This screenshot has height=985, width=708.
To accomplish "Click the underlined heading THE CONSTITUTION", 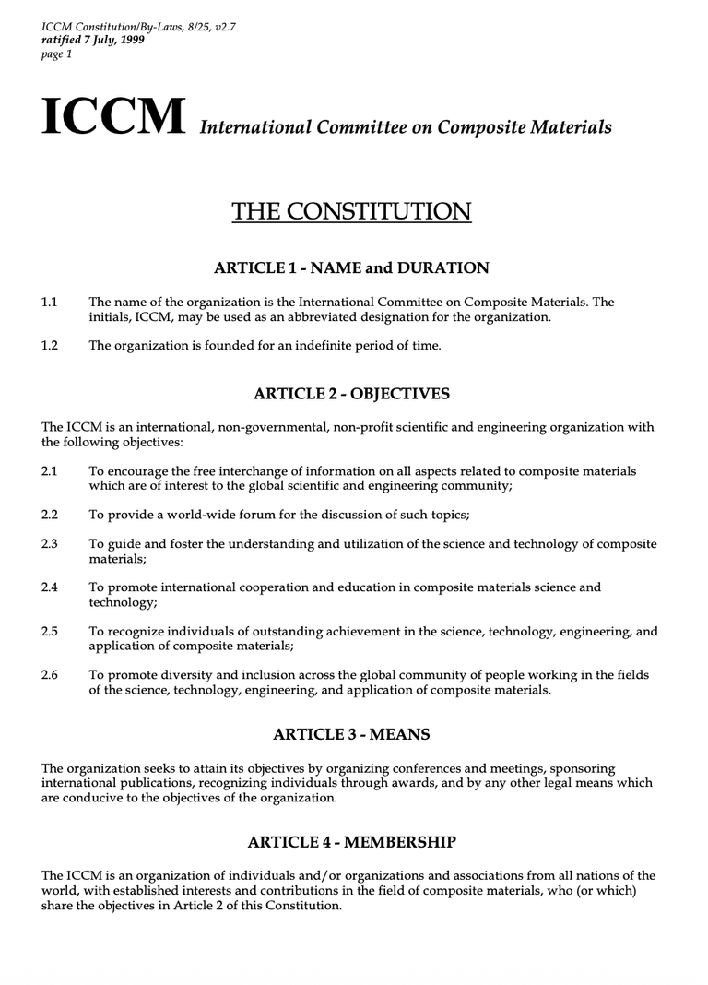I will point(351,211).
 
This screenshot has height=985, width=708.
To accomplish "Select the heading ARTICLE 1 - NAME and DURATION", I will point(351,268).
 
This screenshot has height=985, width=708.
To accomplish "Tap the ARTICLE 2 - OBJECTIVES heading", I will point(351,395).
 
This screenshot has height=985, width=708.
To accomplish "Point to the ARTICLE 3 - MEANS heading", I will point(351,735).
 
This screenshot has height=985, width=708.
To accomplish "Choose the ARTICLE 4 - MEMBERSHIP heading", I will point(351,842).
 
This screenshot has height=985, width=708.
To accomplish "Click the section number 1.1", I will point(50,303).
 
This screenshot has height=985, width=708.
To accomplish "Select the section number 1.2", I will point(50,346).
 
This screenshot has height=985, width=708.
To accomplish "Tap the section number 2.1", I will point(50,471).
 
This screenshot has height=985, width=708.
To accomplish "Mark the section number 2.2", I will point(50,515).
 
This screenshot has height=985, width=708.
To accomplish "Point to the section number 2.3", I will point(50,544).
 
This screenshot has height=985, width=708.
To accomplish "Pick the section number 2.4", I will point(50,587).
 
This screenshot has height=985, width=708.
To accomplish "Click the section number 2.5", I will point(50,632).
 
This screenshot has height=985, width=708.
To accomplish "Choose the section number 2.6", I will point(50,675).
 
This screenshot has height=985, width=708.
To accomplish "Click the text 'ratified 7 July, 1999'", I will point(92,41).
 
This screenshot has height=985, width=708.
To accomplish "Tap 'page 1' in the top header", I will point(57,54).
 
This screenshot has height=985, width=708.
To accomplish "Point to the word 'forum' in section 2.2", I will point(243,515).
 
